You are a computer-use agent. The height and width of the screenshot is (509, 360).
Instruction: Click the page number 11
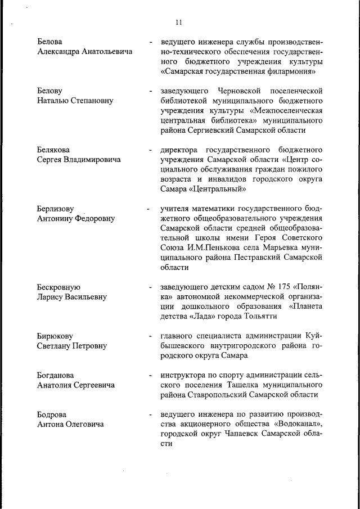[179, 22]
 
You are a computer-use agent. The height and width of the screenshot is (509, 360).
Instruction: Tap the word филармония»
[290, 72]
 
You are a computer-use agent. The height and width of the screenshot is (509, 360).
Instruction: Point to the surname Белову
[49, 91]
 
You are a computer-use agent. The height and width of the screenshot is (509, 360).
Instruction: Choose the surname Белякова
[53, 150]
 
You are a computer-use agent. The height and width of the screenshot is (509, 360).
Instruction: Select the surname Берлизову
[56, 209]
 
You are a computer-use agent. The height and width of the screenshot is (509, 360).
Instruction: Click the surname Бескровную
[59, 287]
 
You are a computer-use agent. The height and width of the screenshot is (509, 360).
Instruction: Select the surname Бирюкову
[55, 336]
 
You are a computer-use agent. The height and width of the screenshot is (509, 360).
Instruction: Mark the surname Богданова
[56, 375]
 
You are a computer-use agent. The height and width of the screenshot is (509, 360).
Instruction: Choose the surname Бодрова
[52, 415]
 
